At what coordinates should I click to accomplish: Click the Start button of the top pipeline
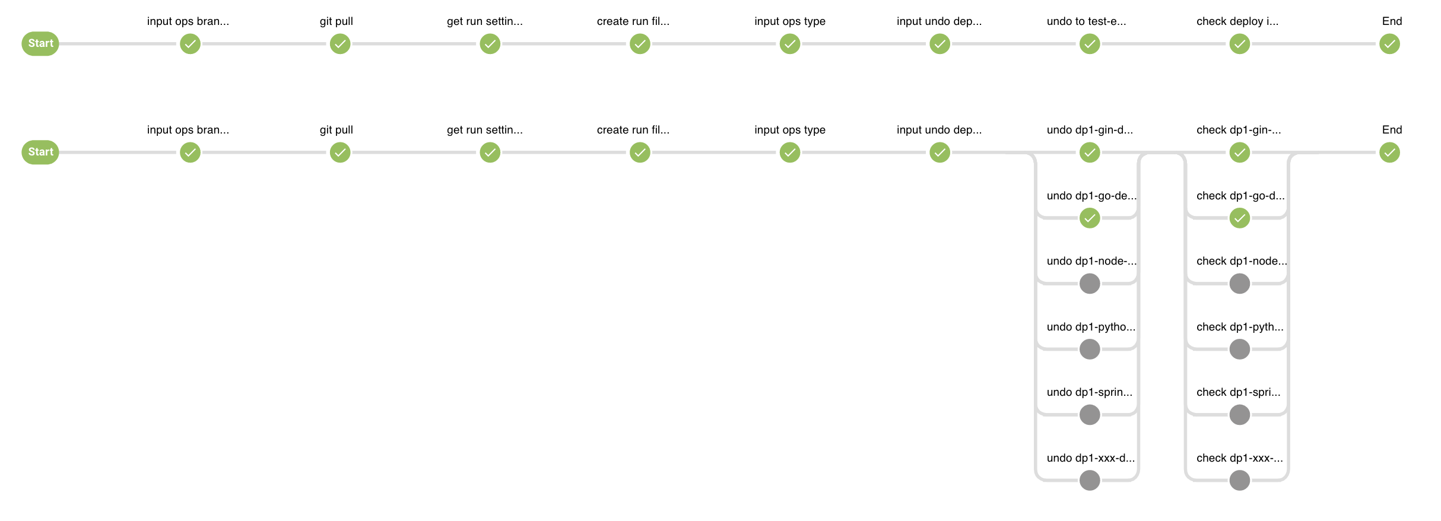[40, 44]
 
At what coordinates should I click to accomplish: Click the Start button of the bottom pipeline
[40, 153]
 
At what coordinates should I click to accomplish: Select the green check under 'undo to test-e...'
[1090, 44]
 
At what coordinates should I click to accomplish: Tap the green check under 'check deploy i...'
[1240, 44]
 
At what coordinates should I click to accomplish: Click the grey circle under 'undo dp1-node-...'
[1090, 284]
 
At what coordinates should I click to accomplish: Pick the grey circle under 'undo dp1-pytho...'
[1090, 350]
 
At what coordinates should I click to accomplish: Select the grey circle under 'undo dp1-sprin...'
[1090, 415]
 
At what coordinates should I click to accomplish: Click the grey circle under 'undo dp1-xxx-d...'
[1090, 481]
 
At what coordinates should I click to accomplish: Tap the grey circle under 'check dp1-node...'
[1240, 284]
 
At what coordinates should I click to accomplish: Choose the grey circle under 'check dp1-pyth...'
[1240, 350]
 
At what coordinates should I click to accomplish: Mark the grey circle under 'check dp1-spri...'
[1240, 415]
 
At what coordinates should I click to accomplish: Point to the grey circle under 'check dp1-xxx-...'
[1240, 481]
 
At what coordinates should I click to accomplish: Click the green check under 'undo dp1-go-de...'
[1090, 218]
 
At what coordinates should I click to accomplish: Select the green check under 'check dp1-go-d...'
[1240, 218]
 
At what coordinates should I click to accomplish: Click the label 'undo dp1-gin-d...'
[1090, 130]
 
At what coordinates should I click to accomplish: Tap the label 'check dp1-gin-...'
[1239, 130]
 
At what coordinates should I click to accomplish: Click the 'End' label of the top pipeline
[1392, 21]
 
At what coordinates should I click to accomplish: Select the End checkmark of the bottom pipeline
[1390, 153]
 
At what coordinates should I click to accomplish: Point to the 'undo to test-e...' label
[1086, 21]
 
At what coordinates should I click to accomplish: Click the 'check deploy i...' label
[1237, 21]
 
